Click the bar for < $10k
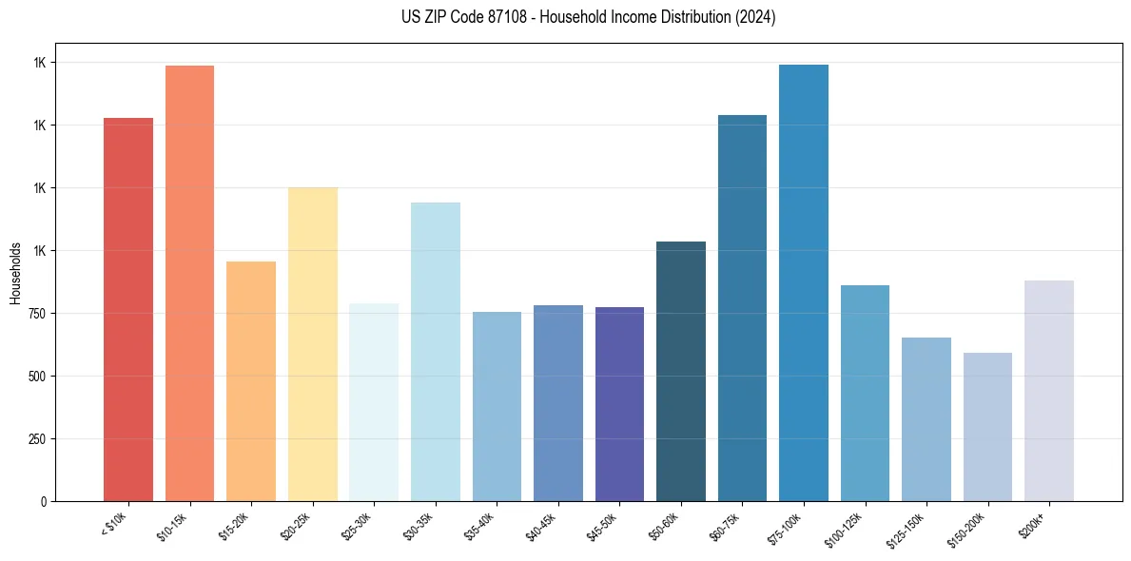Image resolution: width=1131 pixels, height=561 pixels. click(x=128, y=309)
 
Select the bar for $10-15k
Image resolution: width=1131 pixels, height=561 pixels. click(x=189, y=283)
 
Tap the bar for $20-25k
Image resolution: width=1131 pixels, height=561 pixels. click(x=313, y=344)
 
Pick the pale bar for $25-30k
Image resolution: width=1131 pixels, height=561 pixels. click(x=374, y=402)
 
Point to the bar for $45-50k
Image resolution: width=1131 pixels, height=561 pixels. click(x=619, y=404)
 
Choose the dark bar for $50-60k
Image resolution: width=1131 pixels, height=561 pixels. click(x=681, y=371)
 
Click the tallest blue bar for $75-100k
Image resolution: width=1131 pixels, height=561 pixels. click(x=804, y=282)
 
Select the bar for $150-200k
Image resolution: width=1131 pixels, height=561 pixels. click(x=987, y=427)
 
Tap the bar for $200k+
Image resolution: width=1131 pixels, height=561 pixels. click(x=1049, y=391)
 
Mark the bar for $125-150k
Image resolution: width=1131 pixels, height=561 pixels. click(x=926, y=419)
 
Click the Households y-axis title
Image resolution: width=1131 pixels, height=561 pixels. click(x=15, y=272)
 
